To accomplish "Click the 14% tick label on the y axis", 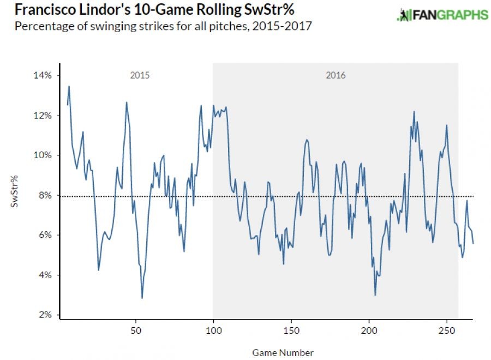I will (44, 75).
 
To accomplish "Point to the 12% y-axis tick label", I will (44, 116).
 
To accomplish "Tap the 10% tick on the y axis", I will (44, 155).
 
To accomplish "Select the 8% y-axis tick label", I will (45, 195).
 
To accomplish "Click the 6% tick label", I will (45, 235).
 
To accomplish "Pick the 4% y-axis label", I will (45, 275).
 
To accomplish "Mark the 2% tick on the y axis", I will (45, 315).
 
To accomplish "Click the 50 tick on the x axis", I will (136, 331).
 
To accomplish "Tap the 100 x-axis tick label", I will (213, 331).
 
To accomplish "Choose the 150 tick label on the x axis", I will (291, 331).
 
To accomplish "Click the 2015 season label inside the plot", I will (140, 75).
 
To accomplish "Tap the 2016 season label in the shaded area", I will (336, 75).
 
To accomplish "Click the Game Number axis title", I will (283, 352).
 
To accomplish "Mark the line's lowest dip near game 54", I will (142, 298).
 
